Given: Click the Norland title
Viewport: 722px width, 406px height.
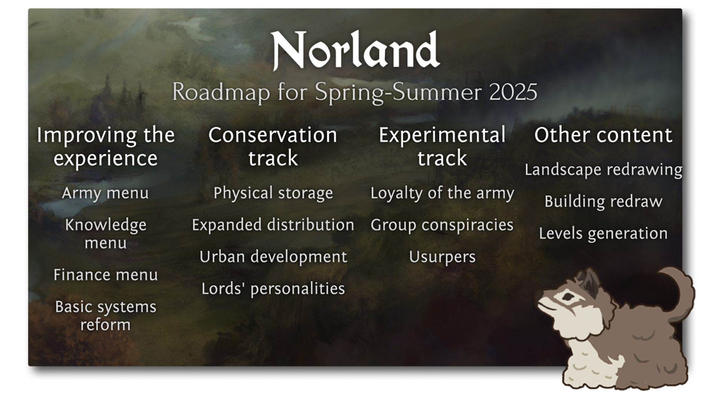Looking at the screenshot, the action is click(355, 51).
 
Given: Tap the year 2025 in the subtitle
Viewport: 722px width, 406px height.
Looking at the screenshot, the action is click(513, 92).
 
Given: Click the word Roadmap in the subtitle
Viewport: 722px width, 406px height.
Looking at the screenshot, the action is click(221, 92).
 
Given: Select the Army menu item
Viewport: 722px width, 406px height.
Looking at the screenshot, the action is click(105, 193).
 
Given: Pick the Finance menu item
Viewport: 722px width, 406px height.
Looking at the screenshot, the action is click(105, 275).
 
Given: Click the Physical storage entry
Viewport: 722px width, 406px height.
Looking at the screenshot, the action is click(273, 193).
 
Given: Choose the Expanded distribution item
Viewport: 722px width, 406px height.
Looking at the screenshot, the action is click(273, 225).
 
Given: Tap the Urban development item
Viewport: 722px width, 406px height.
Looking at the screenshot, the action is click(273, 257).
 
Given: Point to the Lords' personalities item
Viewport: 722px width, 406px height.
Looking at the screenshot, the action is click(273, 289).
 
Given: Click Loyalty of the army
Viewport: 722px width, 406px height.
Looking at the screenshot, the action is click(442, 193).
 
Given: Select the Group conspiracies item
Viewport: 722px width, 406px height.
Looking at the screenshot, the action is click(442, 225).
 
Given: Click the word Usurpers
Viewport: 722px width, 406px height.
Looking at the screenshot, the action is click(442, 257).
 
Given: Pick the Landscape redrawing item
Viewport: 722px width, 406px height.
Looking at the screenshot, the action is click(603, 170).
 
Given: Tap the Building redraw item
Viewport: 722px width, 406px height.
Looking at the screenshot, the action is click(603, 202).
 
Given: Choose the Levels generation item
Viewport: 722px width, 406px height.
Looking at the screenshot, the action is click(603, 234).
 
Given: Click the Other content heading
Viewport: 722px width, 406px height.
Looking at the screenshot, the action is click(603, 135).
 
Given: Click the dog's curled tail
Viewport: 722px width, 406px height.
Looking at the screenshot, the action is click(677, 289).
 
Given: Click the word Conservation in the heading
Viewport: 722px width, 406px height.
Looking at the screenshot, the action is click(273, 135).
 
